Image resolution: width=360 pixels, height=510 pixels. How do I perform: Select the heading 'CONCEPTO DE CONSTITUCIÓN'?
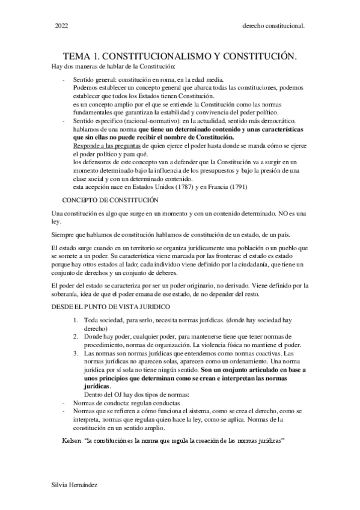(x=111, y=199)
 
